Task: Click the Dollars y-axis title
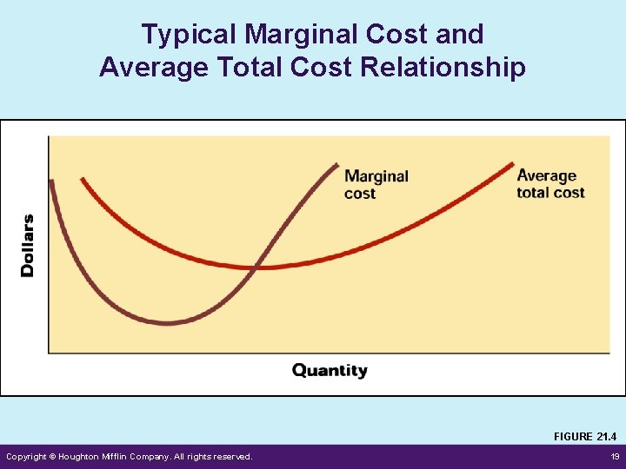click(x=28, y=245)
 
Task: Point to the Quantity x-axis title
click(x=330, y=371)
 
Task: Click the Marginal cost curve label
click(x=376, y=184)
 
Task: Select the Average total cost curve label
click(x=549, y=184)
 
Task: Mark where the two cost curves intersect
click(x=255, y=268)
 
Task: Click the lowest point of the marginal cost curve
click(x=168, y=323)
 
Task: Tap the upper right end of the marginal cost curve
click(x=337, y=163)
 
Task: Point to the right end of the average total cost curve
click(x=513, y=163)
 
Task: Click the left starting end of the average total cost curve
click(x=82, y=180)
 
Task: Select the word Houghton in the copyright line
click(x=83, y=457)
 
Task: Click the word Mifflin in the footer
click(x=128, y=457)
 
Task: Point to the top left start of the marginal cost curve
click(x=51, y=182)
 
